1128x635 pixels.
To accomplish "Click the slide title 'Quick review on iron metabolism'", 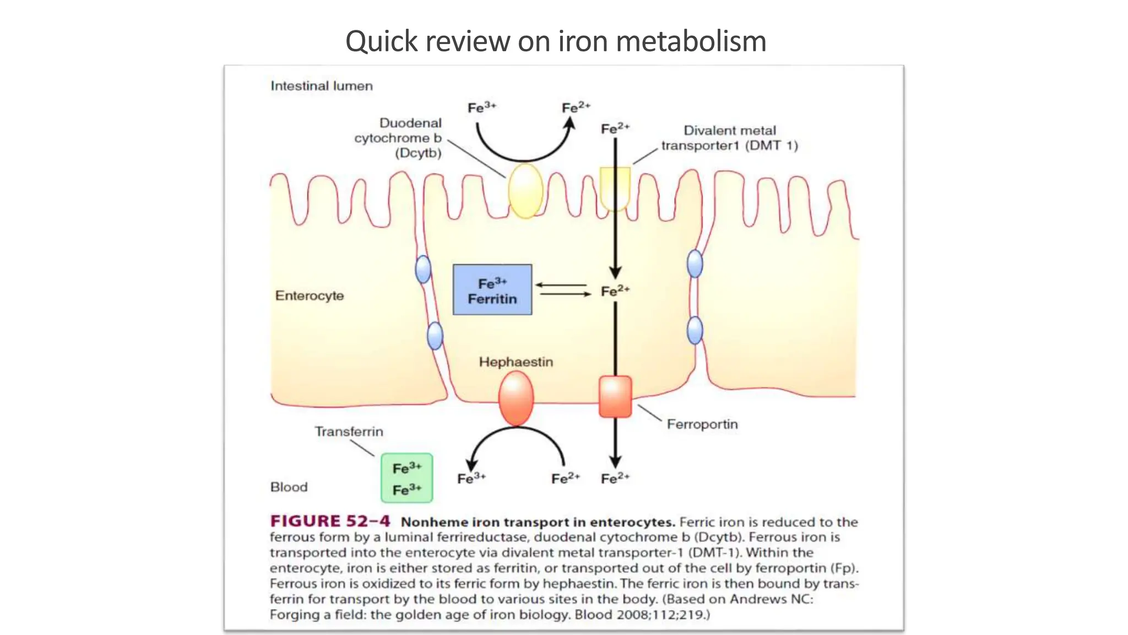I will pyautogui.click(x=555, y=41).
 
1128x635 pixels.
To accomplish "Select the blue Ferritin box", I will pyautogui.click(x=492, y=290).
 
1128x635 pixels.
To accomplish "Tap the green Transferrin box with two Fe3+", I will pyautogui.click(x=407, y=478).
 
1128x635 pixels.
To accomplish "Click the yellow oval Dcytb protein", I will pyautogui.click(x=525, y=190).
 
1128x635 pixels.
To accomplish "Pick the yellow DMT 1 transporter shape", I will pyautogui.click(x=615, y=187).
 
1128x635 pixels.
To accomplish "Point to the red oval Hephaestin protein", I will pyautogui.click(x=516, y=397).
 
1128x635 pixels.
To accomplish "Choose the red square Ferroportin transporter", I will pyautogui.click(x=615, y=396).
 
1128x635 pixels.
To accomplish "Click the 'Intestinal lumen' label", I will pyautogui.click(x=322, y=86).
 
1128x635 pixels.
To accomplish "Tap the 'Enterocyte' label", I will pyautogui.click(x=310, y=296).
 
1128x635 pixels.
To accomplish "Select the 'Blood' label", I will pyautogui.click(x=289, y=487).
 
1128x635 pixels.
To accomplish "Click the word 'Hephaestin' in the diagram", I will pyautogui.click(x=516, y=362).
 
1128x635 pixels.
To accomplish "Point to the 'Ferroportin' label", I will pyautogui.click(x=702, y=424).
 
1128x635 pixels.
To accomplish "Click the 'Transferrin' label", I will pyautogui.click(x=349, y=432).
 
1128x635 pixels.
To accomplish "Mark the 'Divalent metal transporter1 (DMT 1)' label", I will pyautogui.click(x=729, y=138).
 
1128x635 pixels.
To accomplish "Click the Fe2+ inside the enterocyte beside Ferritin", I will pyautogui.click(x=615, y=291).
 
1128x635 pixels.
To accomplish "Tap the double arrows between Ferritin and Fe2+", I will pyautogui.click(x=563, y=289).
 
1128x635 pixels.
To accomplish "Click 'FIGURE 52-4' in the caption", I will pyautogui.click(x=330, y=521).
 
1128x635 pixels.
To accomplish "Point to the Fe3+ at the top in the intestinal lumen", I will pyautogui.click(x=481, y=107).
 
